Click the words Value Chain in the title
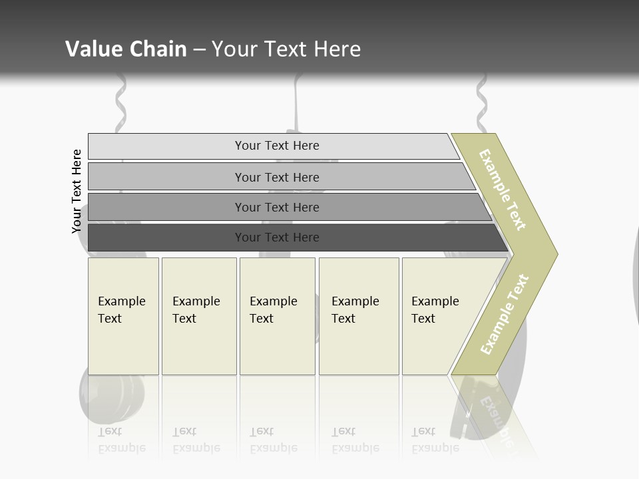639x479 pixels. [126, 49]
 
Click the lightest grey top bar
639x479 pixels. [273, 146]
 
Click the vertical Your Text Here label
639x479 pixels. [77, 191]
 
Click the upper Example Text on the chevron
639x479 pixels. [503, 190]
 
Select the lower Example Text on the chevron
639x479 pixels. [505, 315]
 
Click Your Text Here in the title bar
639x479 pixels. [286, 49]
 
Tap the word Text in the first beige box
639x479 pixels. [110, 319]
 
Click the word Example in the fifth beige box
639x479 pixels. [435, 301]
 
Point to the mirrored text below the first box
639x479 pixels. [122, 440]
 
